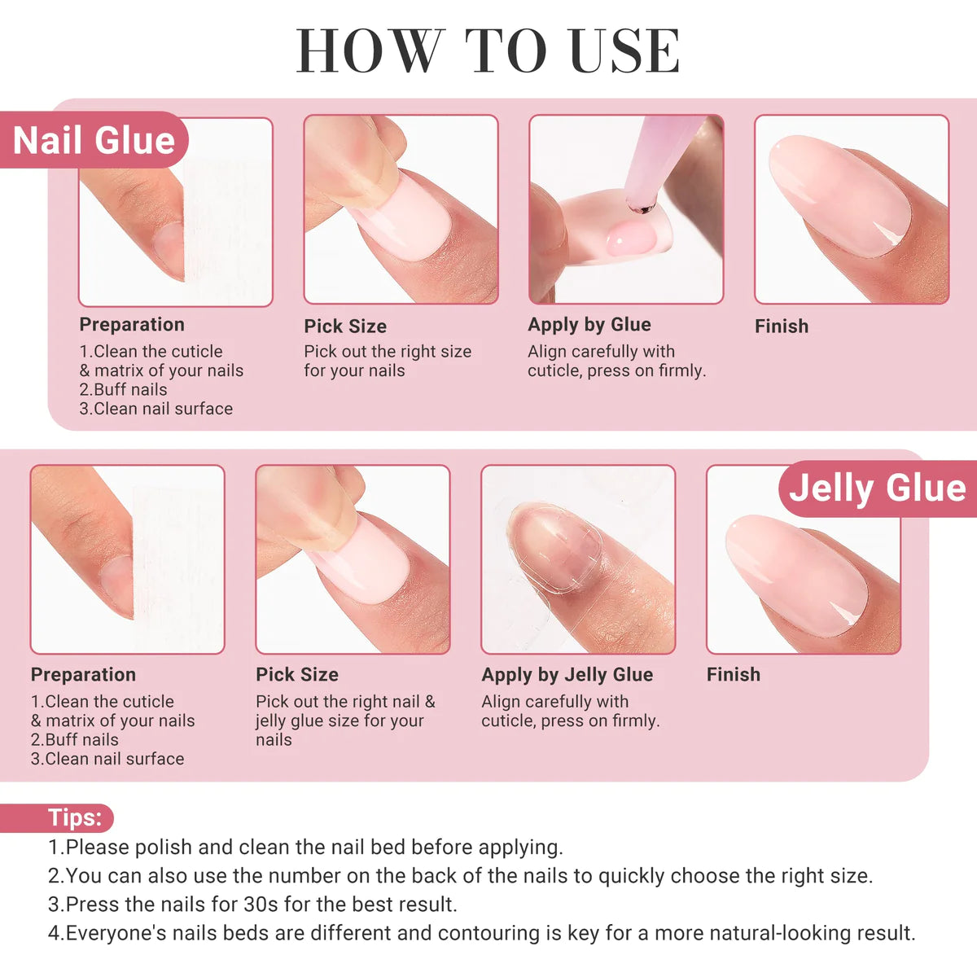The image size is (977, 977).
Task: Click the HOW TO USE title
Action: tap(488, 50)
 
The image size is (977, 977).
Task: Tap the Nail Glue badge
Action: tap(94, 140)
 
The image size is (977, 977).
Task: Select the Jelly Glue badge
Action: tap(878, 488)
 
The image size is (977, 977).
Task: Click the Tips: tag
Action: tap(57, 817)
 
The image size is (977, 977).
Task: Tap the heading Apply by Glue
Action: tap(589, 325)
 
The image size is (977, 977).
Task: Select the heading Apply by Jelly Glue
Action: tap(567, 674)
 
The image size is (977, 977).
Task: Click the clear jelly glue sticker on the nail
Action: tap(556, 548)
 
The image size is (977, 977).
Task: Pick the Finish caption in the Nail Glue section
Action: tap(782, 326)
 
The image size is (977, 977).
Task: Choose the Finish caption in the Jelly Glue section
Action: tap(733, 674)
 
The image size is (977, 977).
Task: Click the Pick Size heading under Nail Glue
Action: tap(345, 326)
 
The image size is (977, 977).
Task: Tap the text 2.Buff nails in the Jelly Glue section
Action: tap(75, 740)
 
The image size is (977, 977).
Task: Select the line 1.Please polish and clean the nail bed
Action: tap(306, 847)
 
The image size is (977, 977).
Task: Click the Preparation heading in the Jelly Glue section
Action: tap(83, 674)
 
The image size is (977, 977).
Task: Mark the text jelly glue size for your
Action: tap(340, 721)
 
